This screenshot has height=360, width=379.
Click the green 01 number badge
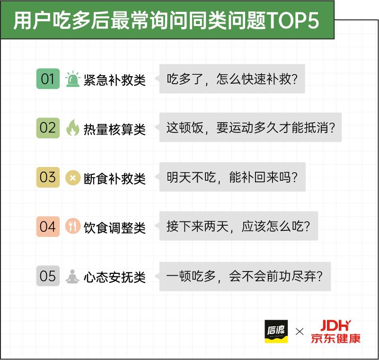(48, 79)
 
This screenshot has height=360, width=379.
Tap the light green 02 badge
(48, 128)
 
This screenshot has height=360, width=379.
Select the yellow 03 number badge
(48, 177)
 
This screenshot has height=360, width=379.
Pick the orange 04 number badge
(48, 227)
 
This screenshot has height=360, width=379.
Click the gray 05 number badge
(48, 276)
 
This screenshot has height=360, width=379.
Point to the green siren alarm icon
(72, 79)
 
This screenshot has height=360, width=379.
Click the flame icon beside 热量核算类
(72, 128)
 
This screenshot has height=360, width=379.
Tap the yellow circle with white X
(72, 178)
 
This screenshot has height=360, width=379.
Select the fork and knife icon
(72, 226)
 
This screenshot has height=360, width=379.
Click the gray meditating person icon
(72, 276)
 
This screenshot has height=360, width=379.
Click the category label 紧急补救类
(115, 80)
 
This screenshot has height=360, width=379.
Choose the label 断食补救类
(115, 178)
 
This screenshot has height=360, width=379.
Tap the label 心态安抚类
(115, 277)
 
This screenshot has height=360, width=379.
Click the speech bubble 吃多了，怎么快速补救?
(231, 79)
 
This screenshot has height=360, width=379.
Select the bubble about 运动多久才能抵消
(250, 127)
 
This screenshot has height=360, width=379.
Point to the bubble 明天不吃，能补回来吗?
(232, 177)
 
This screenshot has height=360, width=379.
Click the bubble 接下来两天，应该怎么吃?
(238, 226)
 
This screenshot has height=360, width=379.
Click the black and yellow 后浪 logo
(276, 331)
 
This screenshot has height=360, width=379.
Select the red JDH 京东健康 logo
(335, 332)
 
